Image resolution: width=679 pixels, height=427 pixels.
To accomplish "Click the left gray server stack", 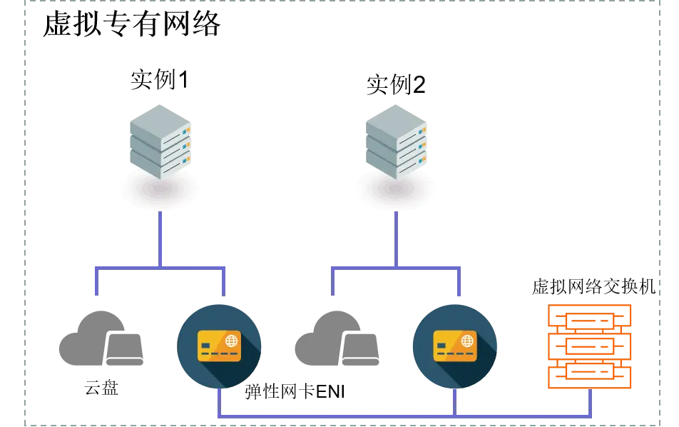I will point(160,141).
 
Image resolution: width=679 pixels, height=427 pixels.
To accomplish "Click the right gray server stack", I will point(397,141).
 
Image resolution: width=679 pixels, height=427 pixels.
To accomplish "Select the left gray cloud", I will point(102,339).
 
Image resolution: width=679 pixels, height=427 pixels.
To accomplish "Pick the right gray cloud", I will point(336,339).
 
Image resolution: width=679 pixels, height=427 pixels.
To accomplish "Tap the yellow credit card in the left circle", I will point(219,346).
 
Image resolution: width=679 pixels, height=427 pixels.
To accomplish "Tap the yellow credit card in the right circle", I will point(454,346).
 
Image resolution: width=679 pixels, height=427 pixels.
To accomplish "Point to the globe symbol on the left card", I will point(231,340).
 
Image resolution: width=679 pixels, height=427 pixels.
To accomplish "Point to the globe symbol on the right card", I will point(467,340).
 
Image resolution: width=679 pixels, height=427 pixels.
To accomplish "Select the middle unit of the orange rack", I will point(590,346).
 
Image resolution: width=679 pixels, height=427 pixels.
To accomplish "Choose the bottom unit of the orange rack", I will point(590,372).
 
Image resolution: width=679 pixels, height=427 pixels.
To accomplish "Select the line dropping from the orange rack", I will point(590,403).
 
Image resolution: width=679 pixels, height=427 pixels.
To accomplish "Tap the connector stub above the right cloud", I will point(333,283).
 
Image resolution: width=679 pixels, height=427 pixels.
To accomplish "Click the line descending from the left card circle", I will point(220,401).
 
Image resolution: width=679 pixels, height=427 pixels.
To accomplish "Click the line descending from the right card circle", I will point(454,401).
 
